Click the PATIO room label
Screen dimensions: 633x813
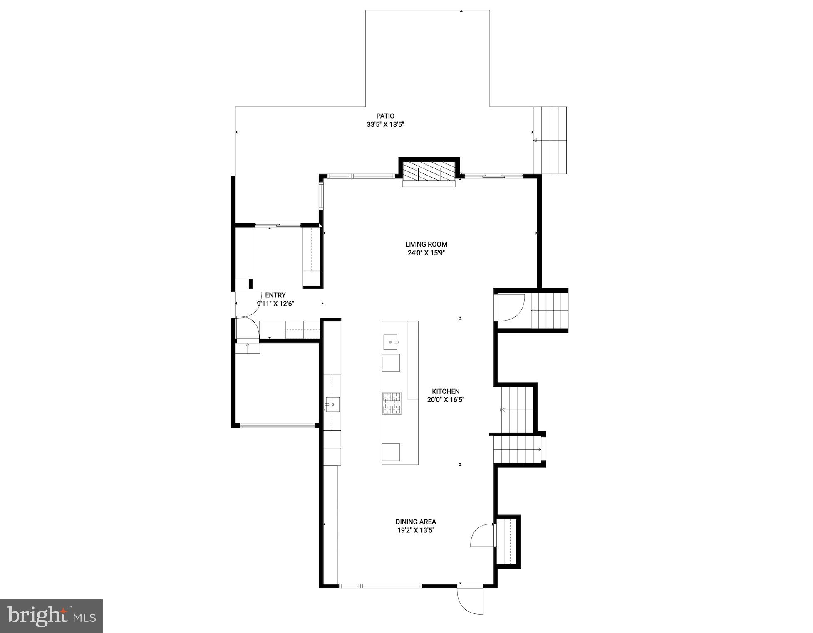[385, 116]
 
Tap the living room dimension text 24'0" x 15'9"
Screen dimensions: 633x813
[426, 253]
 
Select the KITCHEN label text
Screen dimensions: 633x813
[445, 391]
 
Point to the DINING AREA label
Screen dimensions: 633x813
[415, 522]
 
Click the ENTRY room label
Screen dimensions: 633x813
[275, 295]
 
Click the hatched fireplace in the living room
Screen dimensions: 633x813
[429, 171]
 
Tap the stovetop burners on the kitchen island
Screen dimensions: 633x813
[392, 403]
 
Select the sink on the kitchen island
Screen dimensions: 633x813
[391, 342]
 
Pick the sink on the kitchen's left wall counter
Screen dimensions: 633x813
[332, 404]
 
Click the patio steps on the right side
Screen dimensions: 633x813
[550, 140]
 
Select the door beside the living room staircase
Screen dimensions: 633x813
[511, 308]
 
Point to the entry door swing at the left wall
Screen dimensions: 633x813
[247, 328]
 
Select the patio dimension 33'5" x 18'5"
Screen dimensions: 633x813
[385, 124]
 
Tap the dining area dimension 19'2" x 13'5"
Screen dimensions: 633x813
[415, 530]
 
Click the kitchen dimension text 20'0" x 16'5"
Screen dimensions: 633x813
[445, 400]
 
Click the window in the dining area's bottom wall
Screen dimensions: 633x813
[380, 586]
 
